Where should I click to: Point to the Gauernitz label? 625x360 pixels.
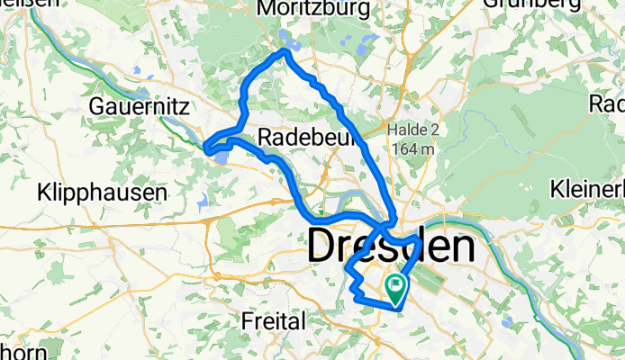[x=139, y=107]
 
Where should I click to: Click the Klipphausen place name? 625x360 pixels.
[x=102, y=193]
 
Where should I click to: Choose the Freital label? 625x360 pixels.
[x=275, y=319]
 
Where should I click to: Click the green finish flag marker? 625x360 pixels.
[x=396, y=287]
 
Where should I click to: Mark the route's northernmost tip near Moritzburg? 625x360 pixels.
[x=285, y=52]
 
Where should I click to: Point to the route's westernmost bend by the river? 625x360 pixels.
[x=207, y=148]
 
